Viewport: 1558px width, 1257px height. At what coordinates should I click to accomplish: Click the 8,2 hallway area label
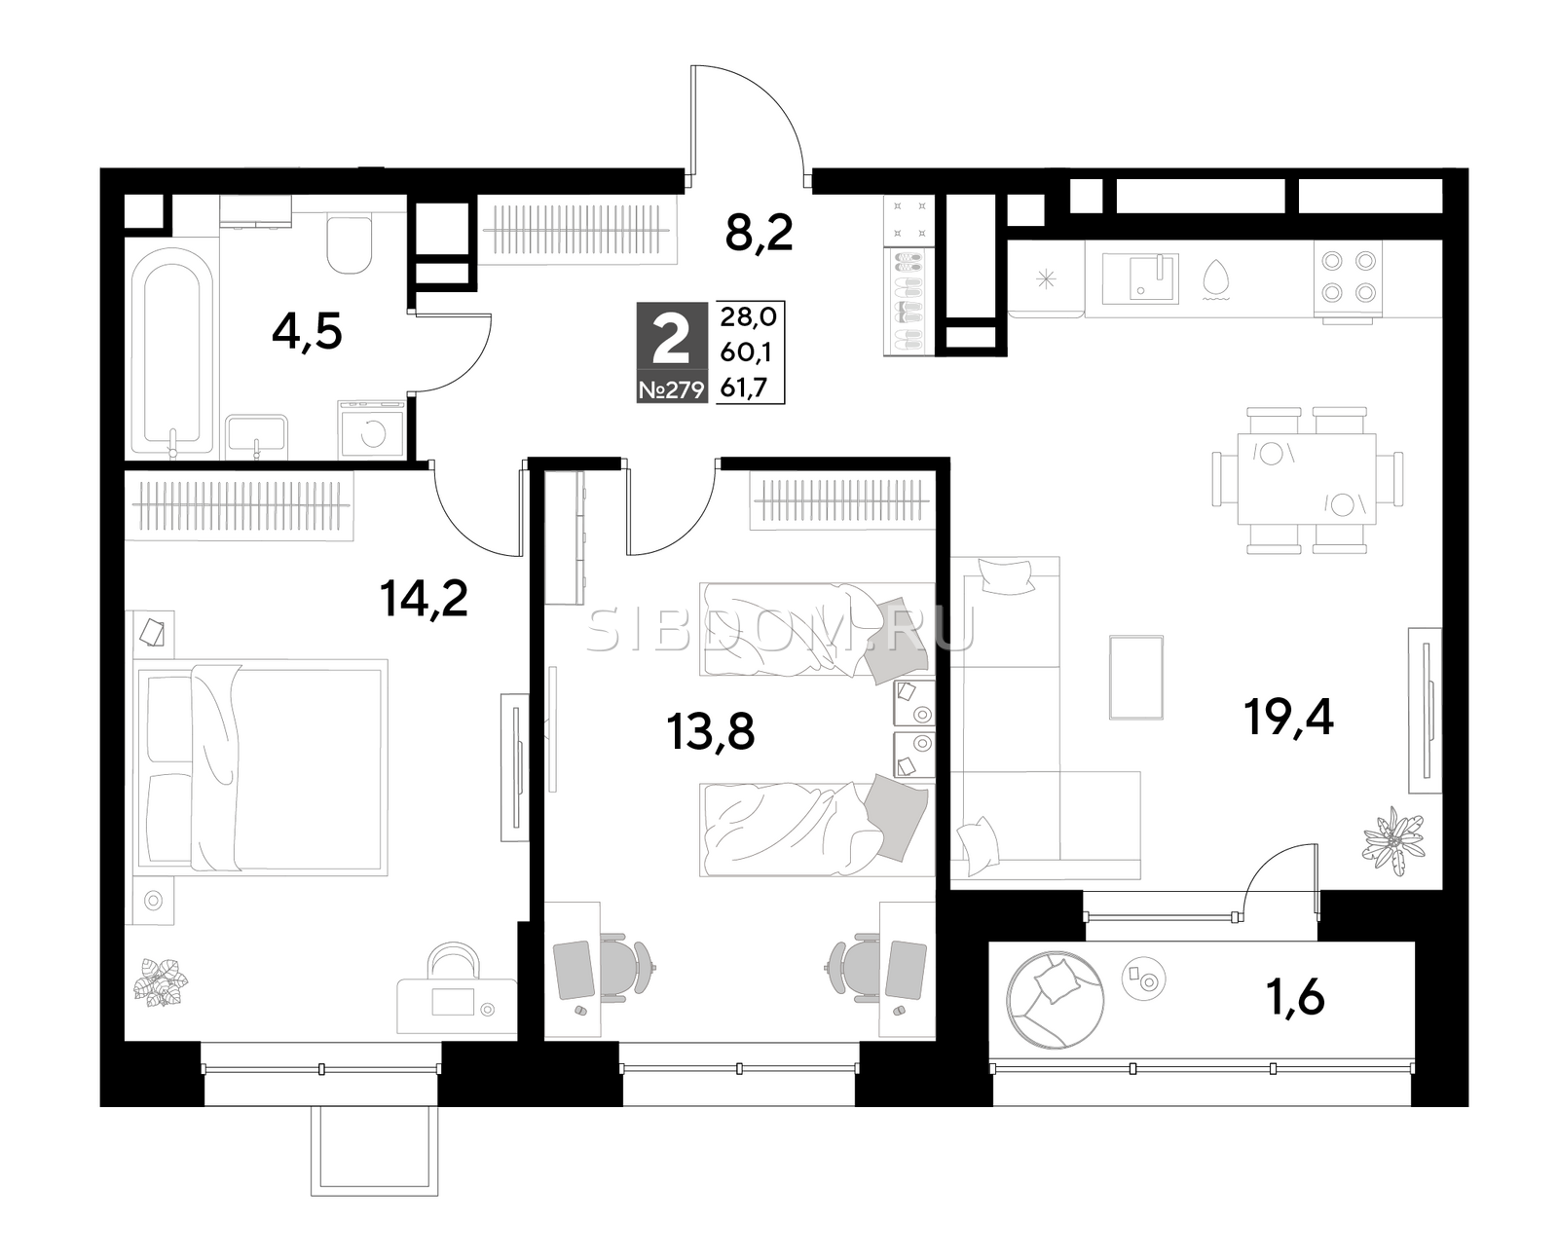coord(759,234)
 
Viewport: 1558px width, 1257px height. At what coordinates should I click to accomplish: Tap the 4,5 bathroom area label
coord(306,333)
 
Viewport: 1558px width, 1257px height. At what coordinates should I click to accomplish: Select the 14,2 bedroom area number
coord(424,599)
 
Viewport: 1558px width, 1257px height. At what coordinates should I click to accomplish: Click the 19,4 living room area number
coord(1288,718)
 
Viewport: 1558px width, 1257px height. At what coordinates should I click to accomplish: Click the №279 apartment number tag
coord(671,391)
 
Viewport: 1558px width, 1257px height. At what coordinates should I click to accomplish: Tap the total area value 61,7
coord(747,389)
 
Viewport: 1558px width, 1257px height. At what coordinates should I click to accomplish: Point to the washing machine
coord(372,430)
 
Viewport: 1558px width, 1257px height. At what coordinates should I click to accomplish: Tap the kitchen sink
coord(1140,278)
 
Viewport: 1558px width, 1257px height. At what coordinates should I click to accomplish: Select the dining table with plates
coord(1307,479)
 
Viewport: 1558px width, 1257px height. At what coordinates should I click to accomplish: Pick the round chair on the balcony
coord(1056,1000)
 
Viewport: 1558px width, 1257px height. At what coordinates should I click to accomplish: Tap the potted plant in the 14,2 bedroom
coord(160,981)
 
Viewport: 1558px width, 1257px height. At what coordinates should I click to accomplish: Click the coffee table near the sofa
coord(1136,678)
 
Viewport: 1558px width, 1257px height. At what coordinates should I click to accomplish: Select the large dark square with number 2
coord(671,352)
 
